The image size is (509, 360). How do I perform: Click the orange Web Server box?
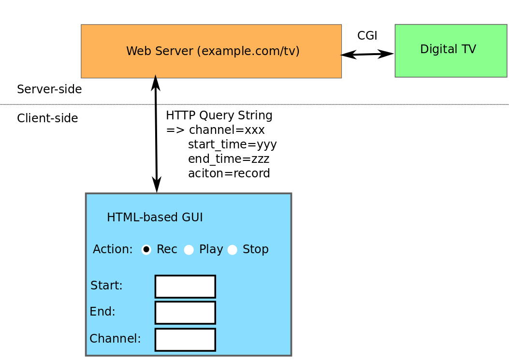211,51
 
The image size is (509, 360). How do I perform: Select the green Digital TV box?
451,50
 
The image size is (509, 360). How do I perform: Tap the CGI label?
367,36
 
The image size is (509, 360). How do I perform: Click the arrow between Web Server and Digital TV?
367,54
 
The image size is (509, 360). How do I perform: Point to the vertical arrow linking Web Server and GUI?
156,134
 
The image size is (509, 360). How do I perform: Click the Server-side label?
49,89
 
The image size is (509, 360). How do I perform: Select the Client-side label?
47,118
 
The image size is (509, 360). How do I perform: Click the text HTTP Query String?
219,115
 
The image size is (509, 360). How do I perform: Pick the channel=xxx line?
226,130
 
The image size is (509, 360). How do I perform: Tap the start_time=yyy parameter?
232,144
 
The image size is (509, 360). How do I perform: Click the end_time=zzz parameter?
228,159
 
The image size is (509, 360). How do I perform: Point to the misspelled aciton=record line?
229,173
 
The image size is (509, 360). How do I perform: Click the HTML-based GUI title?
155,217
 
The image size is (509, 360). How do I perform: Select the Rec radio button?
146,249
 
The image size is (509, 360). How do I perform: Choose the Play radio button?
189,249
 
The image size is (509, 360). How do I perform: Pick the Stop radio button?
232,249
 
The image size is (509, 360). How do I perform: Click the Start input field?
185,287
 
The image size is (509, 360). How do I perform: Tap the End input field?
185,313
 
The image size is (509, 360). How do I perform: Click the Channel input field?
185,340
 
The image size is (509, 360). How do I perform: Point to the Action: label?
113,249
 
